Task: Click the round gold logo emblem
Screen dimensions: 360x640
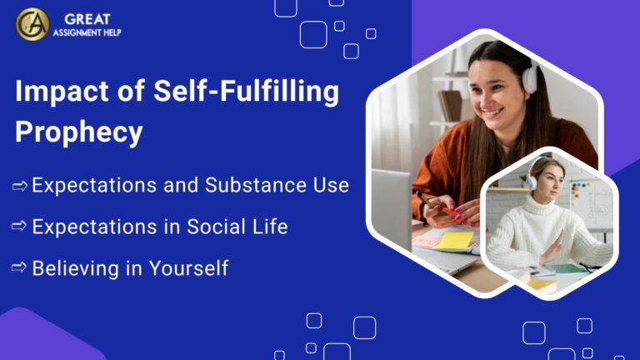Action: point(32,24)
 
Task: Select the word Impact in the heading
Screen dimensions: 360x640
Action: point(60,92)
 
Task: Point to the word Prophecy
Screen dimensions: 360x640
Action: point(79,132)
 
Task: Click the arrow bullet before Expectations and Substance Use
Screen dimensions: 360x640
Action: point(20,186)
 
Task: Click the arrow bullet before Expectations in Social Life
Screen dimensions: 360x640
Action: point(20,227)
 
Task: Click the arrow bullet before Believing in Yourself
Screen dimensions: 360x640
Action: point(20,268)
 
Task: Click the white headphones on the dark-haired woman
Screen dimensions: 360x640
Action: point(529,77)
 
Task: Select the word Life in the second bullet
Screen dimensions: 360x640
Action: point(271,226)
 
